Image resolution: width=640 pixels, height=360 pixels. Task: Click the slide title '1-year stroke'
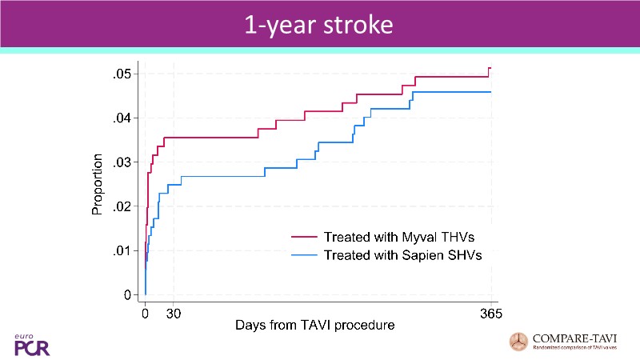(x=319, y=24)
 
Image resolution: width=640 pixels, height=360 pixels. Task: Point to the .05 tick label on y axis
(x=121, y=74)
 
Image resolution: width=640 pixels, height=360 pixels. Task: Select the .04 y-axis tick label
(x=121, y=118)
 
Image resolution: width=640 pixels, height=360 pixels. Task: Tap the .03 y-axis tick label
(x=121, y=163)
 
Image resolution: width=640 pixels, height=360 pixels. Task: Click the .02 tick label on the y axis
(x=121, y=207)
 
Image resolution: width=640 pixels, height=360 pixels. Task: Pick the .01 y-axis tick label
(x=121, y=251)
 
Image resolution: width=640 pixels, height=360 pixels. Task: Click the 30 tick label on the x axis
(x=174, y=314)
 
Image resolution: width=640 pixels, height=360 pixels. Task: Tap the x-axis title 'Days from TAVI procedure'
(x=315, y=327)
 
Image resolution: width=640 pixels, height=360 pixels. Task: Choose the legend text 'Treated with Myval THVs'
(x=402, y=238)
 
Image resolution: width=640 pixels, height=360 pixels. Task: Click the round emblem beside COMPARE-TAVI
(x=519, y=342)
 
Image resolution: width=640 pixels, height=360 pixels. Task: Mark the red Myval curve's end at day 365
(x=490, y=69)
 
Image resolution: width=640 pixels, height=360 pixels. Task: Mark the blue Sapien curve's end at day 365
(x=490, y=92)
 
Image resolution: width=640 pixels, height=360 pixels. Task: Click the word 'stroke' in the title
(x=359, y=24)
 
